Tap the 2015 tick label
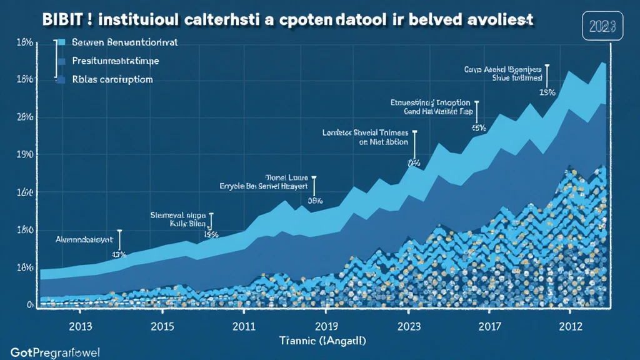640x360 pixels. [162, 326]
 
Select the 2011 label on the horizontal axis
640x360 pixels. [244, 326]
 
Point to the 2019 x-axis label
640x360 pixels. [326, 326]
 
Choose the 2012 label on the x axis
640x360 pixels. [570, 326]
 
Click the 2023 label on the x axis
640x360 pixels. [408, 326]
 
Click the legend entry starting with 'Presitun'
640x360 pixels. [116, 61]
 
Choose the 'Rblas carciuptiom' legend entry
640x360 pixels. [112, 80]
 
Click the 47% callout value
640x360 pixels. [119, 254]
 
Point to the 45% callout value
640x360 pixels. [479, 128]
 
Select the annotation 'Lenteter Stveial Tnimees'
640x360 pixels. [365, 132]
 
